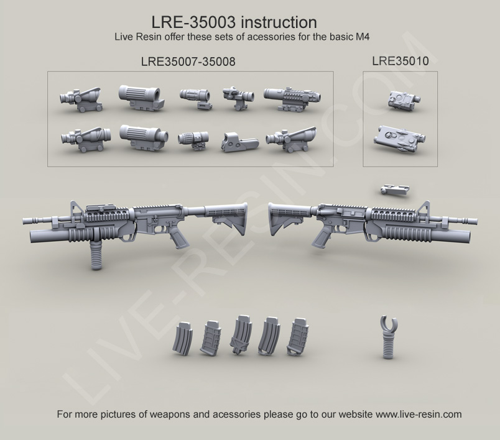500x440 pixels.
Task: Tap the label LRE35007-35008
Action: coord(188,62)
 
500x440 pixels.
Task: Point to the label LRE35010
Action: coord(400,62)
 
